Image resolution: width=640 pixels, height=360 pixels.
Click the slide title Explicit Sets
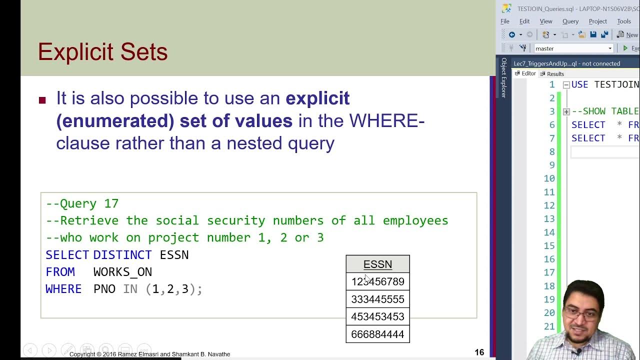click(102, 52)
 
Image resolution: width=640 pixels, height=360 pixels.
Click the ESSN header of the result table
click(377, 264)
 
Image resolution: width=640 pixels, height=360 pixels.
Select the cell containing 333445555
click(377, 299)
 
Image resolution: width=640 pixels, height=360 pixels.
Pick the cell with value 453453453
click(377, 316)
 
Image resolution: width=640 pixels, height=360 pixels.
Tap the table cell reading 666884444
click(377, 334)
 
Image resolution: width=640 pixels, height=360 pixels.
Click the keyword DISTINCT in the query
click(122, 255)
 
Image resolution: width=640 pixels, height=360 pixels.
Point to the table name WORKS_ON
click(122, 272)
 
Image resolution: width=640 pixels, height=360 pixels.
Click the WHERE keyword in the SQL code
click(63, 289)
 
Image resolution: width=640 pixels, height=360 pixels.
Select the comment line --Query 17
click(82, 203)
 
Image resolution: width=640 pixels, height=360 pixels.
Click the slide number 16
click(479, 352)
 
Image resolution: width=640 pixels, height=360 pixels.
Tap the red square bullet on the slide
click(42, 100)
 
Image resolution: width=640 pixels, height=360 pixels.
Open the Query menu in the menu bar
click(570, 21)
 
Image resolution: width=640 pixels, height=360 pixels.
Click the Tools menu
click(623, 21)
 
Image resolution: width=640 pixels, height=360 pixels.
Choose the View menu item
click(545, 21)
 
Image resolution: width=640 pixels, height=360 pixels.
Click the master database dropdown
click(573, 48)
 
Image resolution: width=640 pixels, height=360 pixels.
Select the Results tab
click(554, 74)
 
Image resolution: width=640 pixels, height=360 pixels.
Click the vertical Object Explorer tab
click(503, 77)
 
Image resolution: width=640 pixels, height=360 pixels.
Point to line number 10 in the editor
click(549, 178)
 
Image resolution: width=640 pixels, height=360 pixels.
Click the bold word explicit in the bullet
click(317, 98)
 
